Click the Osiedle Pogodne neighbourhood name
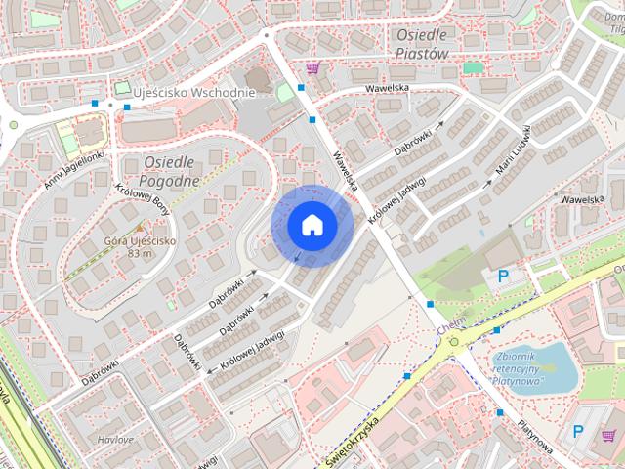171,170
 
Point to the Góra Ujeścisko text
138,241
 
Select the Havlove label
115,440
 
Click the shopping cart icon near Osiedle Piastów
312,67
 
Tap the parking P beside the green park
504,277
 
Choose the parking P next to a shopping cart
578,431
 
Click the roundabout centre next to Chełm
454,342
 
